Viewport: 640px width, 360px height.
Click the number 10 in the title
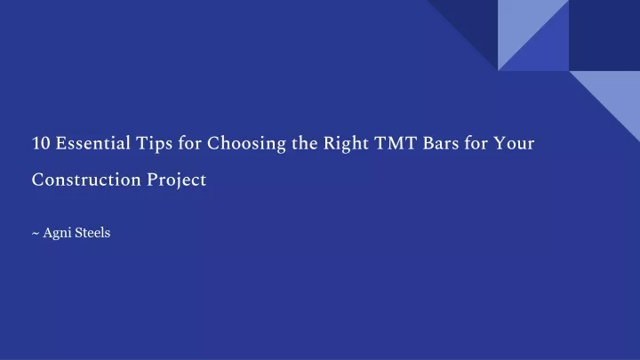coord(40,143)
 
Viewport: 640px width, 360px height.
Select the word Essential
coord(93,143)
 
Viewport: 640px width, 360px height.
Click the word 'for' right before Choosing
coord(189,143)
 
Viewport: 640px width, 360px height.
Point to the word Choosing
coord(246,145)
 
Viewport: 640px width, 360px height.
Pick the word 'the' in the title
coord(305,143)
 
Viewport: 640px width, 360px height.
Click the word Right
coord(346,145)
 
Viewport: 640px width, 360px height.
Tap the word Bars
coord(441,143)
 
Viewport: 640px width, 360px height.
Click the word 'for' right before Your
coord(476,143)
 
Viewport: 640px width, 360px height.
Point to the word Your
coord(514,143)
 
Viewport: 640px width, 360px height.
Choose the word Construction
coord(86,180)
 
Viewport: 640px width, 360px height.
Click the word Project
coord(177,180)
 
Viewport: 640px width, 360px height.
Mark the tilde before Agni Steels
coord(36,233)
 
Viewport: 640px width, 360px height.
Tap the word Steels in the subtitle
coord(92,233)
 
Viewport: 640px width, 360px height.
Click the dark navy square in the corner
coord(604,36)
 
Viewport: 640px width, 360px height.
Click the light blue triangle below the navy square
coord(616,95)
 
